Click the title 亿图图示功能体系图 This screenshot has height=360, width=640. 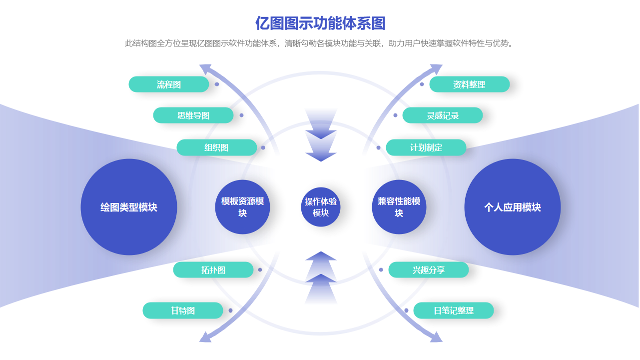[320, 23]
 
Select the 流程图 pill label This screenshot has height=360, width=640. [169, 84]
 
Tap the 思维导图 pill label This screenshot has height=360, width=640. [193, 115]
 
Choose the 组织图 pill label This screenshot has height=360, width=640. [216, 147]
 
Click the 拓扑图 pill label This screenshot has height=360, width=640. [213, 270]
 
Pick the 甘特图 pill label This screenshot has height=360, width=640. [183, 310]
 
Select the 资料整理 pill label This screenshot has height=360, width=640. [469, 84]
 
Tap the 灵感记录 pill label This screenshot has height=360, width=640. [443, 115]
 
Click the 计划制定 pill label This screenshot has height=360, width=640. [426, 147]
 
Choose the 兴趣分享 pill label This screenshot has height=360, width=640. [429, 270]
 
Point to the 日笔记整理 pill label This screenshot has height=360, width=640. [454, 310]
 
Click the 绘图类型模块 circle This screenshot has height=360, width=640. [129, 207]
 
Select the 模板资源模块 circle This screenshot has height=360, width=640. [243, 207]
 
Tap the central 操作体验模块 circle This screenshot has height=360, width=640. [321, 207]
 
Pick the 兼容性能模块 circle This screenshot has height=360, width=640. [399, 207]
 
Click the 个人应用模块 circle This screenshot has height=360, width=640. [513, 207]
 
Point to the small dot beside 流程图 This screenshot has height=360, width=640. [217, 84]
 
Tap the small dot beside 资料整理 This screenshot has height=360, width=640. [422, 84]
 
